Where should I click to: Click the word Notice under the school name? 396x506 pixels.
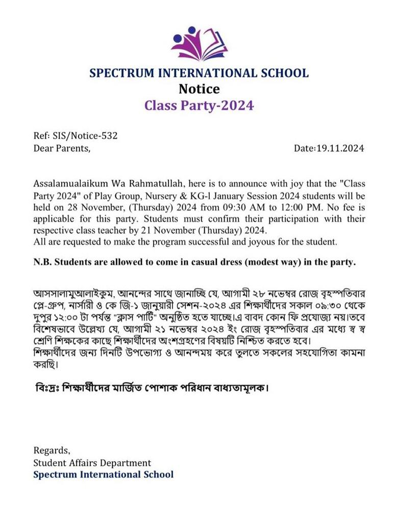[199, 89]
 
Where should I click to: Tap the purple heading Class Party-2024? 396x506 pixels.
[199, 106]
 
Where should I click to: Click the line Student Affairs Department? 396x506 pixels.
[92, 463]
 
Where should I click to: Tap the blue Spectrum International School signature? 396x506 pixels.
[104, 475]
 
